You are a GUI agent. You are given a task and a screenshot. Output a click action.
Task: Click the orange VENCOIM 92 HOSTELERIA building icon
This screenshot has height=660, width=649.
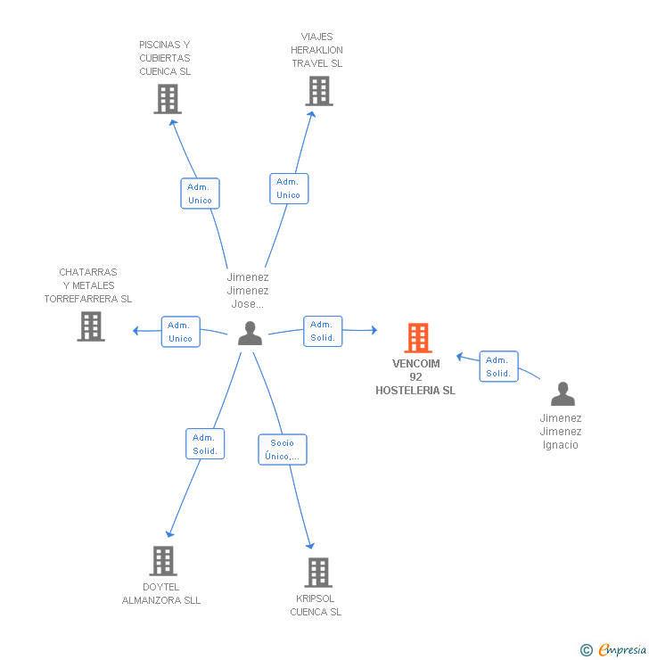pyautogui.click(x=417, y=338)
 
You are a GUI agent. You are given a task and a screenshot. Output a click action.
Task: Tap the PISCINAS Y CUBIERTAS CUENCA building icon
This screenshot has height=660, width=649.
pyautogui.click(x=167, y=99)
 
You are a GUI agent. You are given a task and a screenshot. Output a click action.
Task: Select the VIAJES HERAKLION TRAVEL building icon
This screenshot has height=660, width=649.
pyautogui.click(x=318, y=91)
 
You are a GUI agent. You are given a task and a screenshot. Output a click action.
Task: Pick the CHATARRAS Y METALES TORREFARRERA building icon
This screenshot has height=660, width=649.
pyautogui.click(x=91, y=326)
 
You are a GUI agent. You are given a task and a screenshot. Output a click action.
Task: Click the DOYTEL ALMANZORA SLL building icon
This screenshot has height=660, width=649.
pyautogui.click(x=162, y=561)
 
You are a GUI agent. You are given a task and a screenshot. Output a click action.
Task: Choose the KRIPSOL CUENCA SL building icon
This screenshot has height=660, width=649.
pyautogui.click(x=317, y=573)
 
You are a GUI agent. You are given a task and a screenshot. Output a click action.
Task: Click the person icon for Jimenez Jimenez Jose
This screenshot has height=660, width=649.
pyautogui.click(x=251, y=334)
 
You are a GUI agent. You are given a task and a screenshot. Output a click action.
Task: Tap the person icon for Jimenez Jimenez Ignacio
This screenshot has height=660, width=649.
pyautogui.click(x=563, y=394)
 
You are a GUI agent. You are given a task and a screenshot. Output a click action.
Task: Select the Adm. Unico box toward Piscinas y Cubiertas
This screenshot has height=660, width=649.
pyautogui.click(x=200, y=194)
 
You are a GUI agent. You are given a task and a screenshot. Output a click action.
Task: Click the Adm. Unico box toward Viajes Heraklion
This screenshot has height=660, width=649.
pyautogui.click(x=288, y=188)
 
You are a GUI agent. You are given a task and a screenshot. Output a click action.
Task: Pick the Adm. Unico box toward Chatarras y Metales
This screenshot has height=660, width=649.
pyautogui.click(x=180, y=332)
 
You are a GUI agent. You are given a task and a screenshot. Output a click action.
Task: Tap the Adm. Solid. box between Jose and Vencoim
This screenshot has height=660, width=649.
pyautogui.click(x=322, y=331)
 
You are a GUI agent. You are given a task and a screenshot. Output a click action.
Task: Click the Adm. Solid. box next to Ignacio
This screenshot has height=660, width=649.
pyautogui.click(x=498, y=367)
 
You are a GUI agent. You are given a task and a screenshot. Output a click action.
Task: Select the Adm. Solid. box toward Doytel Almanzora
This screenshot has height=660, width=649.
pyautogui.click(x=204, y=444)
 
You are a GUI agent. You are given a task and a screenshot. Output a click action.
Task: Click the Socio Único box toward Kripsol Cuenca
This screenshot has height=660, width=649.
pyautogui.click(x=282, y=450)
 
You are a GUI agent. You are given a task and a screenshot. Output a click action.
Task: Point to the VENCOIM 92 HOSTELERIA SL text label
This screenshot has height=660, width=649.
pyautogui.click(x=415, y=377)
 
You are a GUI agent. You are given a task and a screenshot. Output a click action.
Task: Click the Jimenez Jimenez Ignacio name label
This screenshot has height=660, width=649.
pyautogui.click(x=561, y=432)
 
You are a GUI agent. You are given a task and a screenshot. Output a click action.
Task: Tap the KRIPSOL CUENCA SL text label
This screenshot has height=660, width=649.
pyautogui.click(x=316, y=606)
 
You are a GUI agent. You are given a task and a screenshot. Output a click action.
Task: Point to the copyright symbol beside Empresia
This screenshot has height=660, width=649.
pyautogui.click(x=586, y=650)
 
